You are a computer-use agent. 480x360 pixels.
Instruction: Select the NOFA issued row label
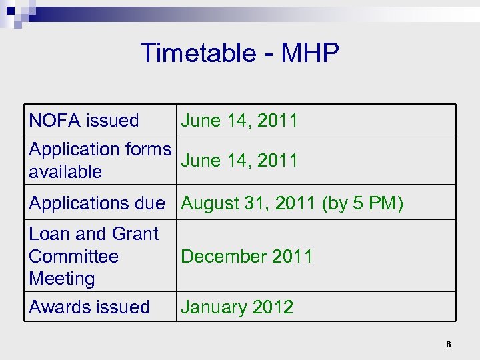(84, 121)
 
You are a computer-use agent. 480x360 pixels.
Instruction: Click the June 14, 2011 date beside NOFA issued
(239, 121)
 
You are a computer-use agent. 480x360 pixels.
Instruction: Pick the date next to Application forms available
(239, 161)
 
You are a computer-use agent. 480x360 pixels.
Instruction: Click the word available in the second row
(65, 172)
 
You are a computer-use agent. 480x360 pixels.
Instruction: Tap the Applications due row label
(97, 203)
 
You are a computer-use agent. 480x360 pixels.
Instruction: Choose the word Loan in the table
(50, 234)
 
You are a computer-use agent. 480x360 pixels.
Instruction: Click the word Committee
(74, 256)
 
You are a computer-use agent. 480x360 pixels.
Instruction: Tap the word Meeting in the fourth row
(62, 278)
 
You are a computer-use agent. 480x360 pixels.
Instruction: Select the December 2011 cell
(247, 257)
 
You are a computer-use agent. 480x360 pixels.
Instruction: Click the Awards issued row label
(89, 307)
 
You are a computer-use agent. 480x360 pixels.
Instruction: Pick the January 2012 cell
(237, 307)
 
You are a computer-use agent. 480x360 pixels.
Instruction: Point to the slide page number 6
(449, 345)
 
